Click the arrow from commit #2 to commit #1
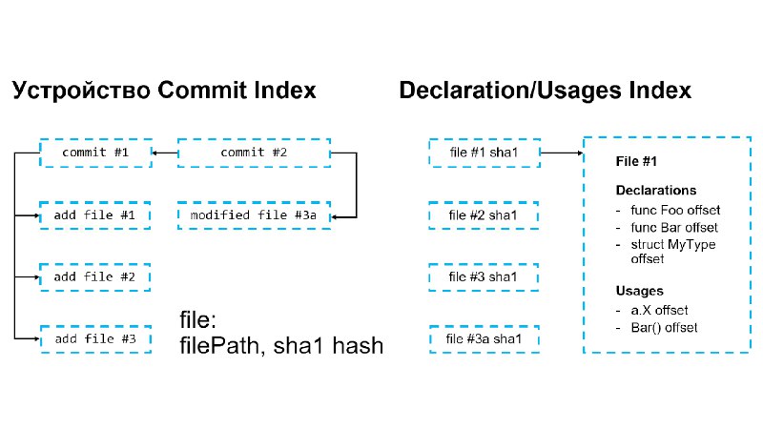pos(165,153)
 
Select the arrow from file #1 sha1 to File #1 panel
pos(562,153)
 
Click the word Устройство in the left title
pos(81,91)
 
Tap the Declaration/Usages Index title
pos(545,91)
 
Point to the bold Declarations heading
pos(656,190)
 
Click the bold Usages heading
pos(639,291)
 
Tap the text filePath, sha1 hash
pos(281,346)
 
